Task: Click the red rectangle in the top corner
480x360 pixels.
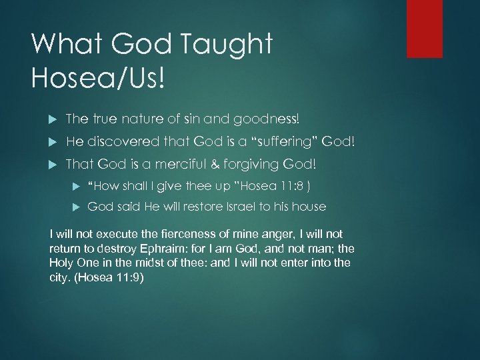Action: tap(425, 28)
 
